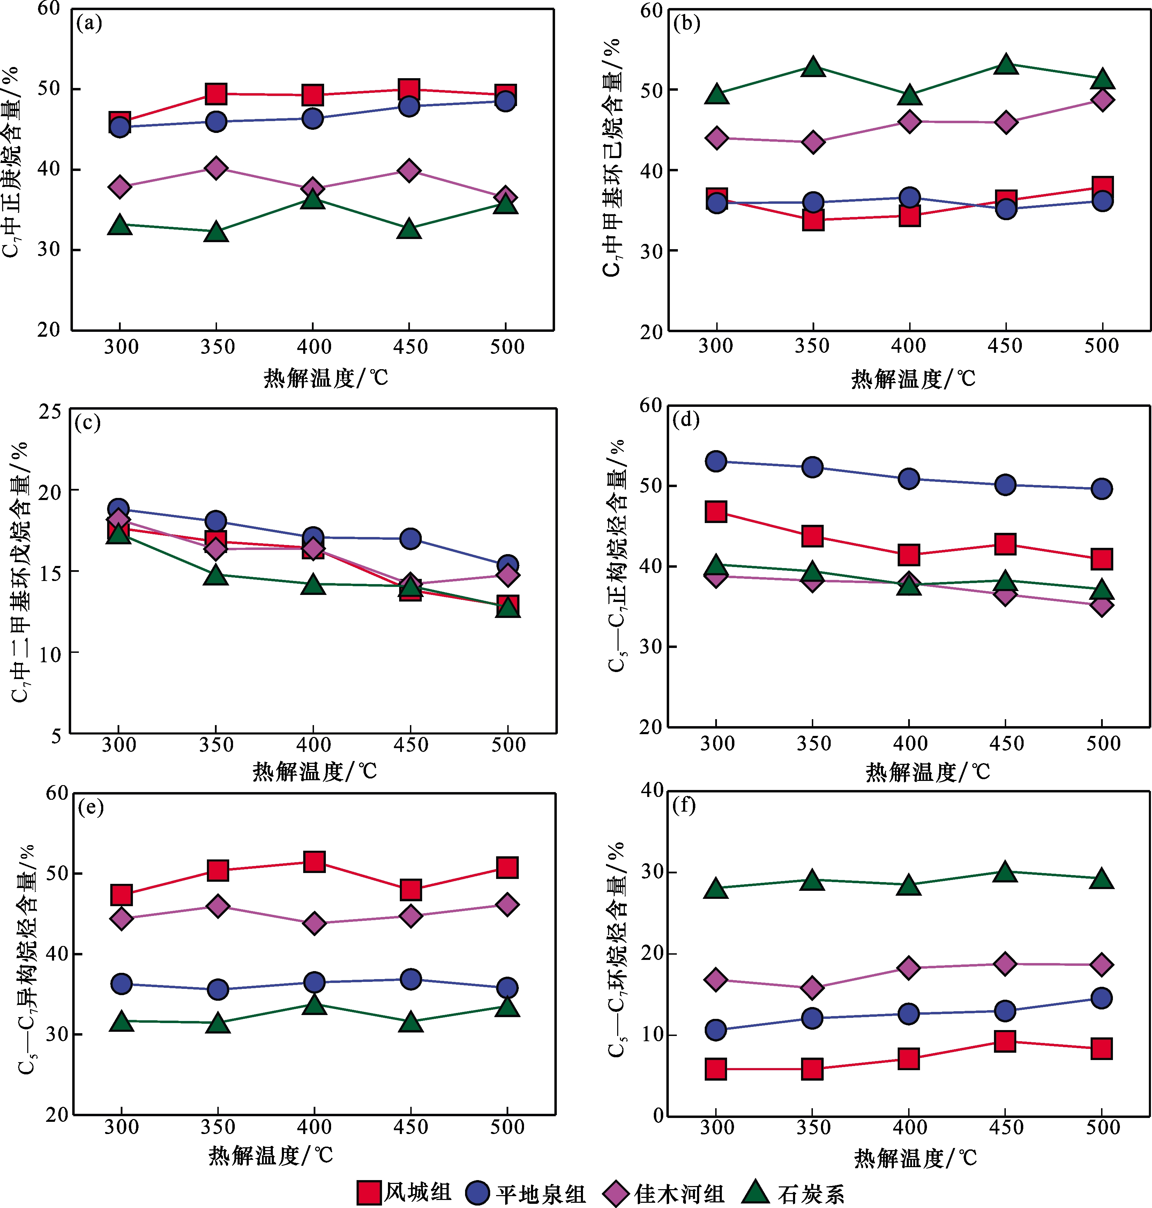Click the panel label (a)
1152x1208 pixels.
click(89, 23)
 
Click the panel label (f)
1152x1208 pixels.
click(684, 805)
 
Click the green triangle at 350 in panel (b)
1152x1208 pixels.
click(813, 66)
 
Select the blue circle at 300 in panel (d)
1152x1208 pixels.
click(716, 461)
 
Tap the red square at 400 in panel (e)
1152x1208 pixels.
click(314, 862)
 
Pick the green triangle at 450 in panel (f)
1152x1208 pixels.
click(1005, 871)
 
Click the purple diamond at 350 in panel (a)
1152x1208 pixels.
click(216, 167)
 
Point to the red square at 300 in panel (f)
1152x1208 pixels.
click(716, 1069)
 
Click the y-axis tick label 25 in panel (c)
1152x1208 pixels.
click(50, 411)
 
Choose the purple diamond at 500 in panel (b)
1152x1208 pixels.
click(1102, 99)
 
